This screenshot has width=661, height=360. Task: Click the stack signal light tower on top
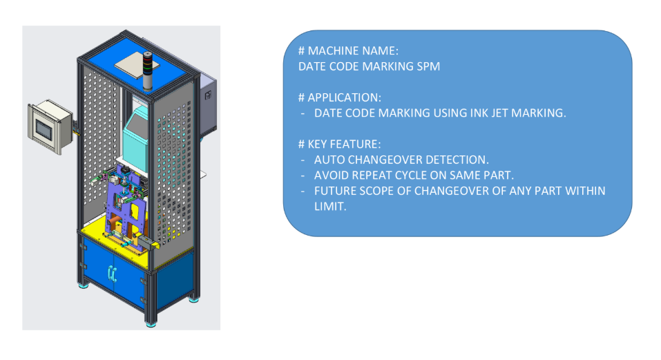tap(148, 70)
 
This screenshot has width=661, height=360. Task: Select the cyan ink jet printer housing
tap(135, 138)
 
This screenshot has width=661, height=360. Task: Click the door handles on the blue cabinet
tap(112, 274)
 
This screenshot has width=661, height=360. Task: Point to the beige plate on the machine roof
tap(137, 67)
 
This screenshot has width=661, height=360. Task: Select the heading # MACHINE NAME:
tap(348, 51)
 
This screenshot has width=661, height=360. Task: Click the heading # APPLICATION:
tap(340, 98)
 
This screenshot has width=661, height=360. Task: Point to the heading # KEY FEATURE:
tap(339, 144)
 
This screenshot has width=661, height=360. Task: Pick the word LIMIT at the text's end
tap(330, 207)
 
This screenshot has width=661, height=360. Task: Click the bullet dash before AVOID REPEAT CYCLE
tap(303, 176)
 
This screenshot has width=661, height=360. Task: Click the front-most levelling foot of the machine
tap(151, 324)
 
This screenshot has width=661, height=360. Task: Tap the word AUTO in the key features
tap(329, 160)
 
